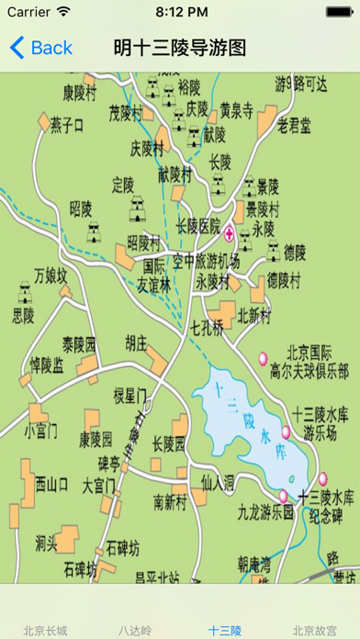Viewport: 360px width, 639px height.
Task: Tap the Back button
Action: coord(40,48)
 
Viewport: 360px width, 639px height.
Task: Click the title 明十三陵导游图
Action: coord(180,48)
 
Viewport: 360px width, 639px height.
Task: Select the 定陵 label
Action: coord(123,182)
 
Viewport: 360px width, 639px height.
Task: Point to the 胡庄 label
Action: coord(135,342)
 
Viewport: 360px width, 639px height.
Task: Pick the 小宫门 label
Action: coord(41,429)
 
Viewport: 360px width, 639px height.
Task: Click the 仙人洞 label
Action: coord(219,480)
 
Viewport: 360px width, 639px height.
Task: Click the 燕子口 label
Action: coord(67,125)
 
